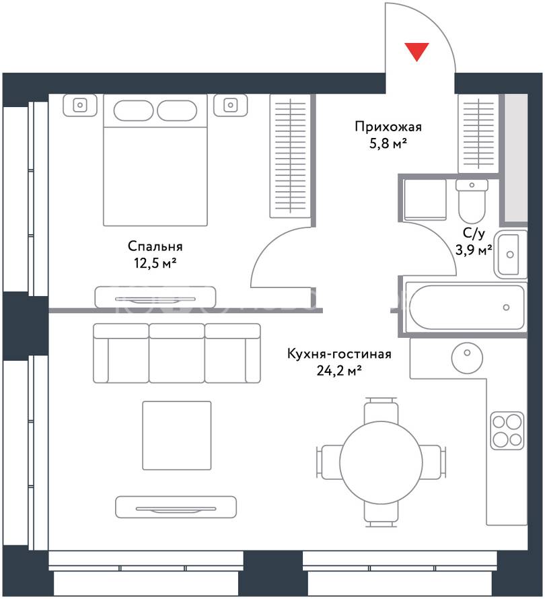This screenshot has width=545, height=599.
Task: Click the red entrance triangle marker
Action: (x=416, y=51)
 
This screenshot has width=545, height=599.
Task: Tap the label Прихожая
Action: (x=388, y=127)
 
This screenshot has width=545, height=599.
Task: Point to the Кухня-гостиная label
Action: (x=339, y=354)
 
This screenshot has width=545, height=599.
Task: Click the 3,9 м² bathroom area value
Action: (x=474, y=250)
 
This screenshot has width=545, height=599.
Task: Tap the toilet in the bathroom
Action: (x=472, y=201)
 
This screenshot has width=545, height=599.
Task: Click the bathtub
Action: (x=466, y=308)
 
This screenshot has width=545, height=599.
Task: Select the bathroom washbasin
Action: (x=510, y=254)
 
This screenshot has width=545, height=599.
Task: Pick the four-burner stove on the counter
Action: (x=507, y=431)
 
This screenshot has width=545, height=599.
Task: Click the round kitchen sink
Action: (x=467, y=357)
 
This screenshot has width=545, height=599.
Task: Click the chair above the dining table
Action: (x=381, y=411)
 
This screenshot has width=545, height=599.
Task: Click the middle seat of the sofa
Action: (x=177, y=353)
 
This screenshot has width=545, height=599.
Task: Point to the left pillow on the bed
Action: (x=133, y=111)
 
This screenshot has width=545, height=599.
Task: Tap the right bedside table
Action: (x=230, y=105)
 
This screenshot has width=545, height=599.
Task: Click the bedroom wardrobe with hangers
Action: (x=290, y=156)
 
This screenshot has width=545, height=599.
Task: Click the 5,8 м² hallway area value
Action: (x=388, y=144)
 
